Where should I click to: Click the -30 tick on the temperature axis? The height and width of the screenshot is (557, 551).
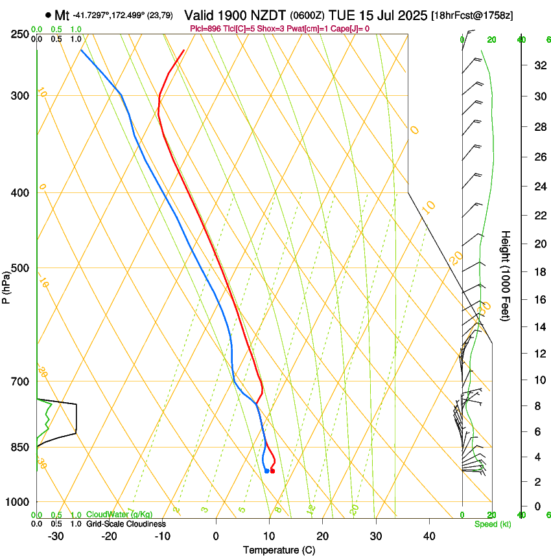(x=56, y=536)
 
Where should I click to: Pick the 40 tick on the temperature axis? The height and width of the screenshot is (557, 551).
(x=428, y=536)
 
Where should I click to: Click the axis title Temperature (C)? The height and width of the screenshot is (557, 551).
(x=279, y=550)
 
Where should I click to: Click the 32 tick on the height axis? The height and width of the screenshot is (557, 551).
(x=539, y=65)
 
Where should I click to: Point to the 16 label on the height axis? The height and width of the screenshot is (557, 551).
(x=539, y=299)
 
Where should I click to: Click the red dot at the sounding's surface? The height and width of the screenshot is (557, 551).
(x=272, y=471)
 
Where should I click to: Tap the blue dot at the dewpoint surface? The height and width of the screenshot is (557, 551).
(x=267, y=471)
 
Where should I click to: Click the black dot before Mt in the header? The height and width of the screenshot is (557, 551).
(x=48, y=15)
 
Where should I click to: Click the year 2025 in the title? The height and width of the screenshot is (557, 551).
(x=409, y=15)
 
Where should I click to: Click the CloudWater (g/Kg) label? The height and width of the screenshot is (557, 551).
(x=119, y=514)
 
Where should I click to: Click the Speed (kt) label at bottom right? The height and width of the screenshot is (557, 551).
(x=493, y=523)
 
